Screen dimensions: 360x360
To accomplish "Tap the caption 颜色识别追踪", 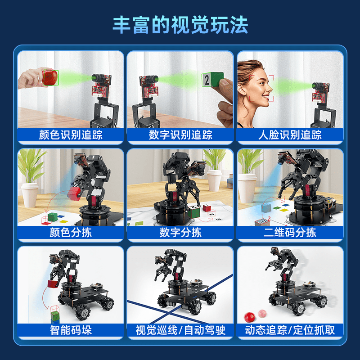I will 71,135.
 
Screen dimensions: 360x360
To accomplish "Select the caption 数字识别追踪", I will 180,135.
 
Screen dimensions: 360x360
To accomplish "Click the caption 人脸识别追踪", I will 290,135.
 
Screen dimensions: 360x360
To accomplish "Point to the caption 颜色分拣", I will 71,233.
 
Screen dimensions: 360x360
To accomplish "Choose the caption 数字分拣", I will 180,233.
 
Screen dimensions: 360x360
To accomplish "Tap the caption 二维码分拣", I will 290,233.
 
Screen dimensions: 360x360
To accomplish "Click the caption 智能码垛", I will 71,330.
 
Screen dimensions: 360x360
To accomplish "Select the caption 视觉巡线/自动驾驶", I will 180,330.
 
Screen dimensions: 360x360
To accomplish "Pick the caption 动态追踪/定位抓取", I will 290,330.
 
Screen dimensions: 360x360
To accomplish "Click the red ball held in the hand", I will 49,77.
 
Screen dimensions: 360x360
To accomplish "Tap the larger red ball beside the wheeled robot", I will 248,315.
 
